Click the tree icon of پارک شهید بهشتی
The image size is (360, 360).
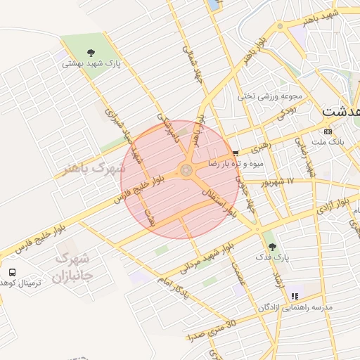tap(91, 52)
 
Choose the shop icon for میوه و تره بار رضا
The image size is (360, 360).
tap(236, 152)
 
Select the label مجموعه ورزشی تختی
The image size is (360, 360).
tap(270, 96)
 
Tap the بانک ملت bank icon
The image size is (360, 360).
tap(328, 131)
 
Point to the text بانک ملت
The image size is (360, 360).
tap(328, 142)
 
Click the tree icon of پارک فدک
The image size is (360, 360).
tap(272, 247)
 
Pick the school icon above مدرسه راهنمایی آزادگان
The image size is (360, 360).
tap(295, 296)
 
